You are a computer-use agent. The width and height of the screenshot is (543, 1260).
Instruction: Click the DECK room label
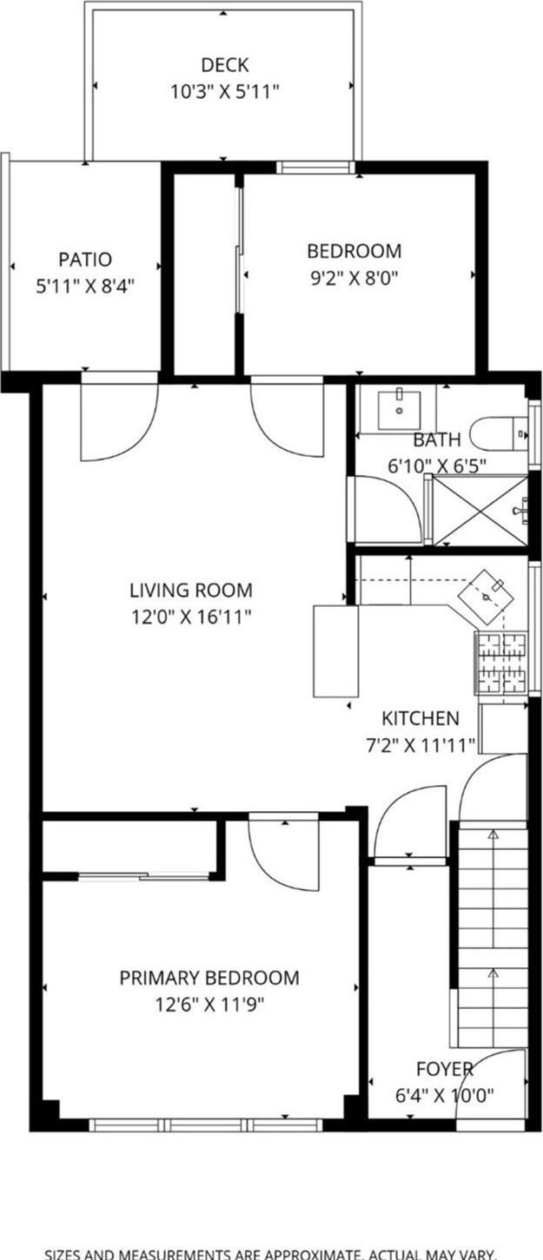(224, 65)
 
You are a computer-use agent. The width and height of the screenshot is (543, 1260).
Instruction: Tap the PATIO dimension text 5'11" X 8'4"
(85, 284)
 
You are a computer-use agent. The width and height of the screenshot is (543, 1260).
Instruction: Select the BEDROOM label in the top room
(354, 251)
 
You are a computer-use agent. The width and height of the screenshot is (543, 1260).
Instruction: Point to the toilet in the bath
(499, 432)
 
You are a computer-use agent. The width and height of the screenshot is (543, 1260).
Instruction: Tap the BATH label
(436, 440)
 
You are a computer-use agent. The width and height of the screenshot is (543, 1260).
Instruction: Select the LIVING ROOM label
(191, 590)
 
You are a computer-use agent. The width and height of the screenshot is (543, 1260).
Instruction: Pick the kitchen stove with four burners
(500, 663)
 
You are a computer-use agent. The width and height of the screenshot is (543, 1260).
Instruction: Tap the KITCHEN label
(420, 718)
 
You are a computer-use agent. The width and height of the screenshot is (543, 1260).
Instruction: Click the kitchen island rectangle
(335, 650)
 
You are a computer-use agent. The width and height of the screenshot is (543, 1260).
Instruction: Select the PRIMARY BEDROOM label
(209, 978)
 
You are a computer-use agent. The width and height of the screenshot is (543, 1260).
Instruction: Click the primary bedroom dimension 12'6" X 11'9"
(209, 1005)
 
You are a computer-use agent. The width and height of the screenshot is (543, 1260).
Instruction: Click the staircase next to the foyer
(492, 938)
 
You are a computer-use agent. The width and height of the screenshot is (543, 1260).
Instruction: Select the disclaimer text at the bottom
(271, 1253)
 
